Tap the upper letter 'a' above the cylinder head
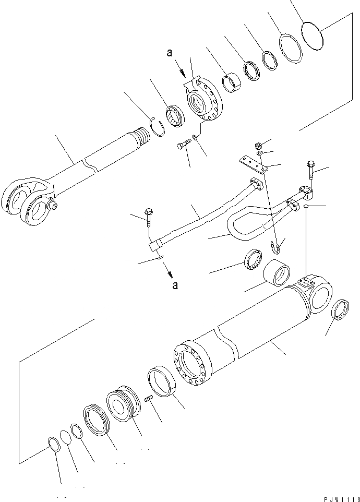[169, 53]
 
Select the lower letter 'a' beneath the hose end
[175, 285]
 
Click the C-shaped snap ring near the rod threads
[158, 127]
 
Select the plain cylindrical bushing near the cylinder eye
[277, 274]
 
